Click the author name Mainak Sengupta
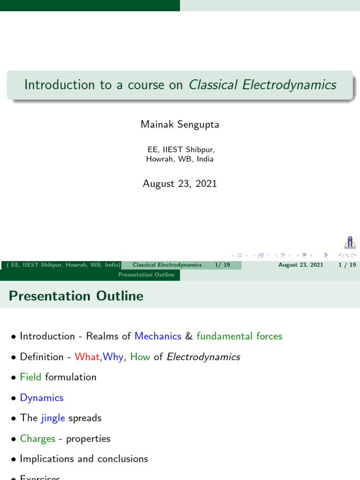[180, 125]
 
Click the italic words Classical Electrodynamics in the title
[262, 85]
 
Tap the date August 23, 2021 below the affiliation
[180, 184]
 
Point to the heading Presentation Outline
[76, 296]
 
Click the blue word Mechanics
[157, 336]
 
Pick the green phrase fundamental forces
[239, 336]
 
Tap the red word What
[87, 357]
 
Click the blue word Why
[113, 357]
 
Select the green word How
[140, 357]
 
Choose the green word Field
[30, 377]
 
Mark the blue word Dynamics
[41, 397]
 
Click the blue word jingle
[53, 418]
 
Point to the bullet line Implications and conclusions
[84, 459]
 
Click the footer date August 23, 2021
[300, 265]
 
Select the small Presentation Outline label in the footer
[146, 275]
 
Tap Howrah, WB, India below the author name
[180, 159]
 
